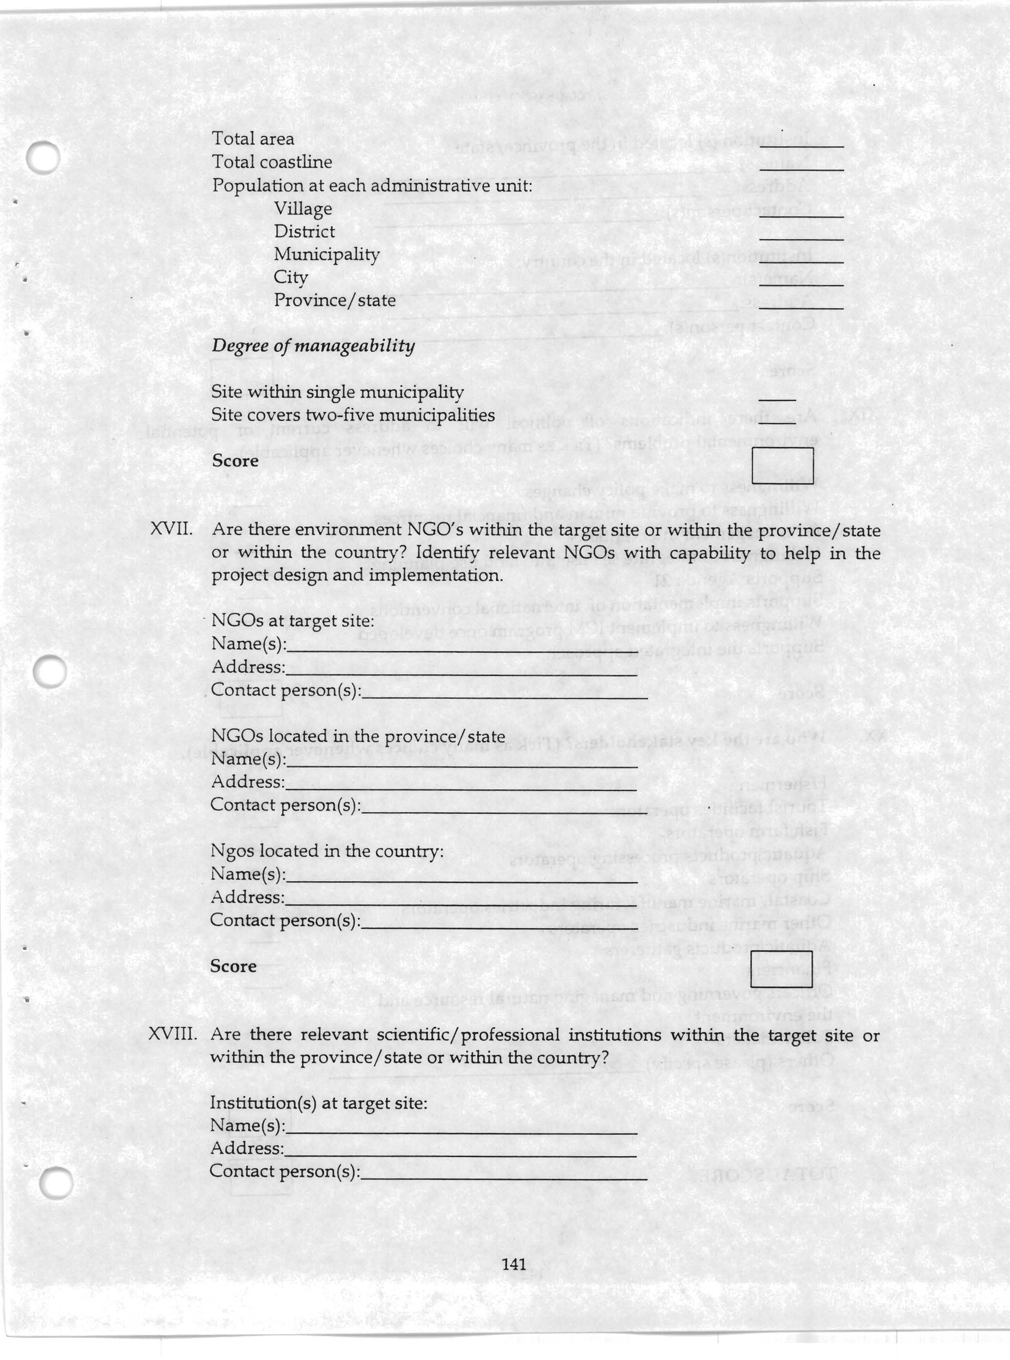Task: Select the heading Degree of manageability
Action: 313,346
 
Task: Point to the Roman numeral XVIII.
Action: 173,1035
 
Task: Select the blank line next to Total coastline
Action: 801,169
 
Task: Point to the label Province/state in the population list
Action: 334,300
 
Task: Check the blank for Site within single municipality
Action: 777,399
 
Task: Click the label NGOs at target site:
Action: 292,621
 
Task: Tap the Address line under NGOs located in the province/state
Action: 460,789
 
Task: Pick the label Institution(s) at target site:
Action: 318,1103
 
